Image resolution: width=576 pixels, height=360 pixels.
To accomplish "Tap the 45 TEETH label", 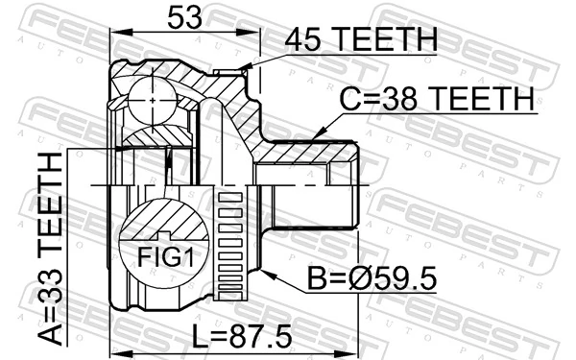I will coord(361,40).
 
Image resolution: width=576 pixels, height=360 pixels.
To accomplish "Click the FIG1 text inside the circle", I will coord(158,256).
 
